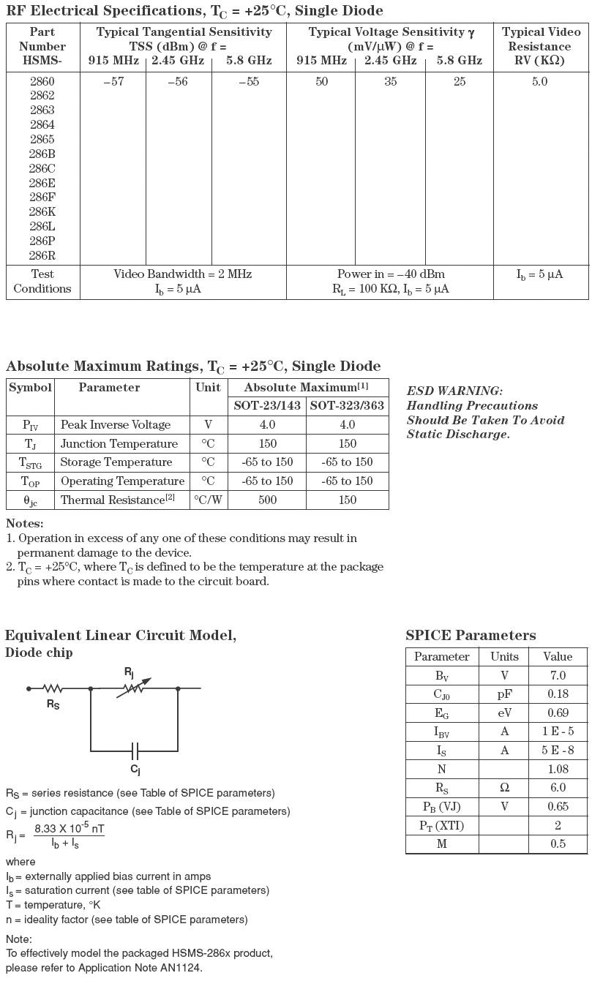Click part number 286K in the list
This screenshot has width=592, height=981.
[42, 212]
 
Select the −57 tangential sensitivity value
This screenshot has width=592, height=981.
[113, 82]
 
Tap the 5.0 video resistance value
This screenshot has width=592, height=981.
[540, 82]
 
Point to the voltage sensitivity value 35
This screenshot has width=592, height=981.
[391, 82]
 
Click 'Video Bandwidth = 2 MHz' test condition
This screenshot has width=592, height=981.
[182, 274]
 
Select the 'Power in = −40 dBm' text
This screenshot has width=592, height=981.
[391, 274]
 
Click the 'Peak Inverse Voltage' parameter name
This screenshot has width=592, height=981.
[116, 425]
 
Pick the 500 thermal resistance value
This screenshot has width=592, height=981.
[267, 500]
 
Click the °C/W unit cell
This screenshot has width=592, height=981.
[209, 500]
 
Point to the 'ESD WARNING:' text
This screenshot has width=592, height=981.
[454, 391]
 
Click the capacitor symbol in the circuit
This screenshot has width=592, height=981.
[135, 751]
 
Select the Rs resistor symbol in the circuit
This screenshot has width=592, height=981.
[53, 688]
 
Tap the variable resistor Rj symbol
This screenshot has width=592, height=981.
[134, 688]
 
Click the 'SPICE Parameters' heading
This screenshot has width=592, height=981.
[471, 636]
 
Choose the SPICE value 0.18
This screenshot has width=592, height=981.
[558, 694]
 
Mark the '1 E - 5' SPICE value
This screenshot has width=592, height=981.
[558, 732]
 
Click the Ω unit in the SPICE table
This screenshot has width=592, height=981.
[504, 788]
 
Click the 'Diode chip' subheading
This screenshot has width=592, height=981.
[39, 653]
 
